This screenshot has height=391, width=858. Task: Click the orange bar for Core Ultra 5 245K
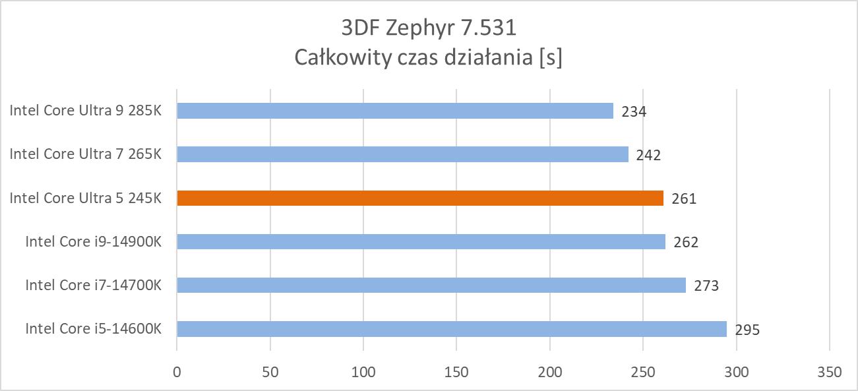[x=420, y=198]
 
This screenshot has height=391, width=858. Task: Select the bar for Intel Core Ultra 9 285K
[x=395, y=111]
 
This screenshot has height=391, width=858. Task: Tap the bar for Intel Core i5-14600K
[x=452, y=328]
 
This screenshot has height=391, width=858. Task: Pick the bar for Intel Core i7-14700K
[x=431, y=285]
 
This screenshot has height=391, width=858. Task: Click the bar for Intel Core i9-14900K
[x=421, y=241]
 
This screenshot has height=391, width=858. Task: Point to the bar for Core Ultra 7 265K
[x=402, y=154]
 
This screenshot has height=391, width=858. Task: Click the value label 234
[x=634, y=111]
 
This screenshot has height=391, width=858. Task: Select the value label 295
[x=747, y=329]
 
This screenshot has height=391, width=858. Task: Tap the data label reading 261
[x=684, y=198]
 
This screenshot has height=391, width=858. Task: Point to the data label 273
[x=706, y=286]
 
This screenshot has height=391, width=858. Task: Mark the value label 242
[x=648, y=155]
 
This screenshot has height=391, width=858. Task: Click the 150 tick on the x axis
[x=456, y=372]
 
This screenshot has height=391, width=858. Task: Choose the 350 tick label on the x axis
[x=829, y=372]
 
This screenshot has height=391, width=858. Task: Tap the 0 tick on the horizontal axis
[x=177, y=372]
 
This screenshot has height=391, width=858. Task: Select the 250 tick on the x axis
[x=643, y=372]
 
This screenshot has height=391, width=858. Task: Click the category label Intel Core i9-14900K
[x=93, y=241]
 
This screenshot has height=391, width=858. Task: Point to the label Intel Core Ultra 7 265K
[x=85, y=154]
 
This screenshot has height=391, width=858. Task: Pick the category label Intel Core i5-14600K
[x=93, y=328]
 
